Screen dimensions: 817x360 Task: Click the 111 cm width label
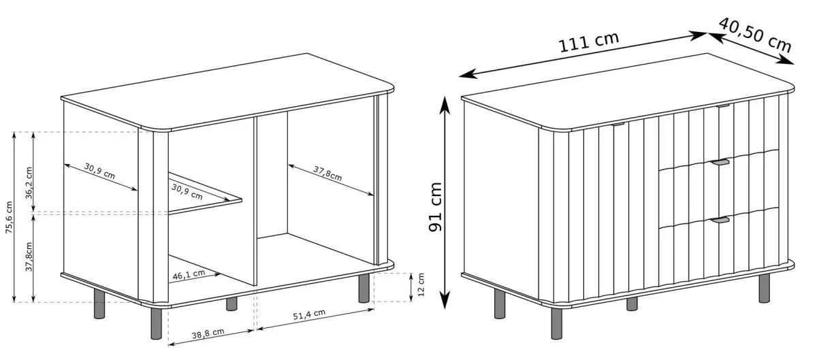tap(589, 42)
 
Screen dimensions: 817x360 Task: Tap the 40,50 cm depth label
tap(756, 35)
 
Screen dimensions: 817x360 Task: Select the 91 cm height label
tap(435, 206)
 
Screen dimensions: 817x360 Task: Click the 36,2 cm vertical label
tap(29, 183)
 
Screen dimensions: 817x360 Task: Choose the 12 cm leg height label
tap(421, 284)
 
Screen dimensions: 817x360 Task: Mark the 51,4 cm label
tap(309, 314)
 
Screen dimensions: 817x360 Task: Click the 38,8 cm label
tap(208, 333)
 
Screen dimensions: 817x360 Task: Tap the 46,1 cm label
tap(189, 275)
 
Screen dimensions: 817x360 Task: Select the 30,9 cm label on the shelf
tap(187, 192)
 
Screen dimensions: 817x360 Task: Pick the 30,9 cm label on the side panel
tap(99, 171)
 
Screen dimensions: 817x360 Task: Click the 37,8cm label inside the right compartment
tap(327, 174)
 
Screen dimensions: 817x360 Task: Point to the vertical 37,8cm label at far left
tap(29, 257)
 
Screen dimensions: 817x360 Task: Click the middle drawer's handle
tap(718, 162)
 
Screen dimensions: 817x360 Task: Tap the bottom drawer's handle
tap(718, 220)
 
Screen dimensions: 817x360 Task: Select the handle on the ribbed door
tap(618, 125)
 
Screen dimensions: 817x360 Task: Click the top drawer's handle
tap(723, 106)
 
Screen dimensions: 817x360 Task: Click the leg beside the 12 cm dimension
tap(364, 288)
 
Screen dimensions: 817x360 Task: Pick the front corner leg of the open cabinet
tap(156, 324)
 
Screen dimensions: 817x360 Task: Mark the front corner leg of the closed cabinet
tap(557, 324)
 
